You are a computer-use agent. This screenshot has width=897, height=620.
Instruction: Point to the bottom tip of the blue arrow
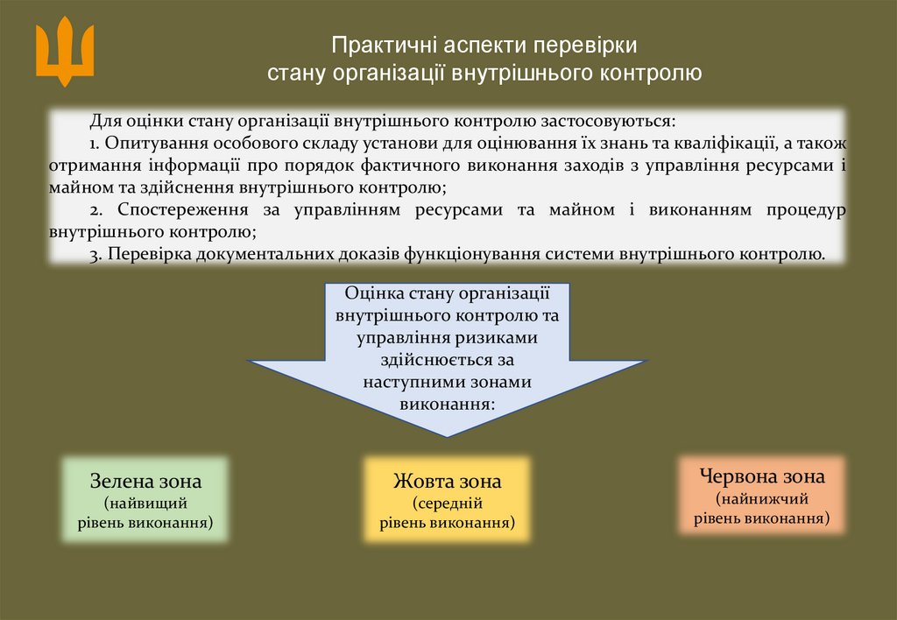[x=448, y=435]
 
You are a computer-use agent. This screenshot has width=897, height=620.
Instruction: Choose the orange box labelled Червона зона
[x=762, y=496]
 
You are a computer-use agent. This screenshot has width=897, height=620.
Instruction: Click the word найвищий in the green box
[x=145, y=504]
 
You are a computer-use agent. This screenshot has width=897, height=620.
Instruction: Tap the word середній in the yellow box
[x=448, y=504]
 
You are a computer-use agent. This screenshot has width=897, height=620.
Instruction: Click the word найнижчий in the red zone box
[x=762, y=499]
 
